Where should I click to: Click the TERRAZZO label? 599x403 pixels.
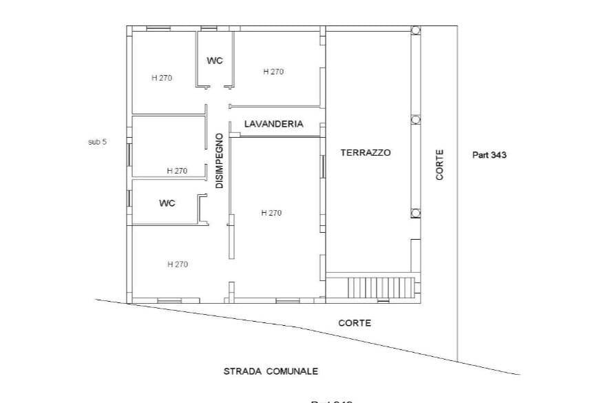tap(365, 153)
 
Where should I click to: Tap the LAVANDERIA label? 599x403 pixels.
tap(273, 125)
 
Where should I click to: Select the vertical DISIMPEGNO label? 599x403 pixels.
tap(219, 161)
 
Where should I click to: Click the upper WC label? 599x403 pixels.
tap(215, 61)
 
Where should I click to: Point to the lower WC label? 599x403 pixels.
tap(167, 203)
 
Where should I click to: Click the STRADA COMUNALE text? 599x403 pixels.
tap(271, 371)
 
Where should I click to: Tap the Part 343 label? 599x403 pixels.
tap(489, 155)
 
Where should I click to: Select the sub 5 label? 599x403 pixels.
tap(98, 142)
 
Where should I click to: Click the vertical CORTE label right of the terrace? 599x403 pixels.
tap(440, 165)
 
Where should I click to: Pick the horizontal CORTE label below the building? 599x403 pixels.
tap(355, 322)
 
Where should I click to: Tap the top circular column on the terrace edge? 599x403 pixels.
tap(416, 30)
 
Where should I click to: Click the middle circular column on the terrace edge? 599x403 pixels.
tap(416, 120)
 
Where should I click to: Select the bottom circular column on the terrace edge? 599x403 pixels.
tap(416, 213)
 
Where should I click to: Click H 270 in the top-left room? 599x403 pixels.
tap(162, 78)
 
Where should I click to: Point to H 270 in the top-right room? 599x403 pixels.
tap(273, 72)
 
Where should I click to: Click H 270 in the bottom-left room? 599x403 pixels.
tap(178, 265)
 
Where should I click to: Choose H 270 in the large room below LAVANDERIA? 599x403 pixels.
tap(271, 213)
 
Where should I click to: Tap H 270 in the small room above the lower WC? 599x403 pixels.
tap(177, 171)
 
